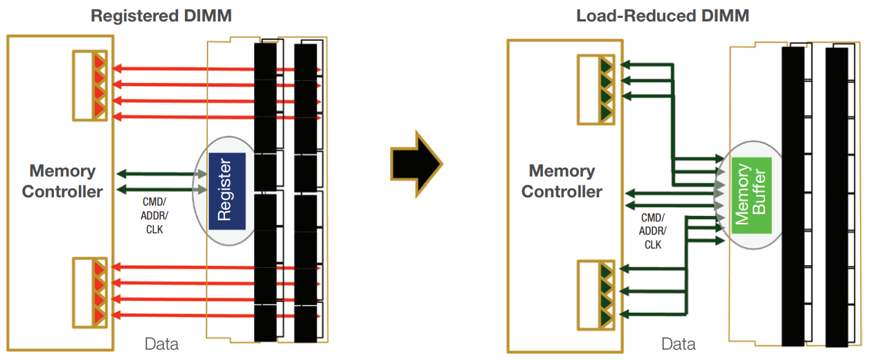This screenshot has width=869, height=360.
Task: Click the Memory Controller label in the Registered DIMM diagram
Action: [x=62, y=181]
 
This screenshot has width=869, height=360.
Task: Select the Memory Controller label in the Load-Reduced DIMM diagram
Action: [x=562, y=181]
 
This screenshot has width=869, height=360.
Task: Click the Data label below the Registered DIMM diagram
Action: [x=161, y=344]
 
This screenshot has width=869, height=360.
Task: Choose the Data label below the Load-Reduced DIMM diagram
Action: [x=678, y=344]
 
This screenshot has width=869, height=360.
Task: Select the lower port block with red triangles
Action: [x=92, y=292]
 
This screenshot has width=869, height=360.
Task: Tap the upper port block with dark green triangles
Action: [x=596, y=89]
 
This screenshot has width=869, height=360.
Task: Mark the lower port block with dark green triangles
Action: [x=596, y=293]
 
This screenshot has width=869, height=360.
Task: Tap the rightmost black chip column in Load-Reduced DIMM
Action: [x=836, y=196]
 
